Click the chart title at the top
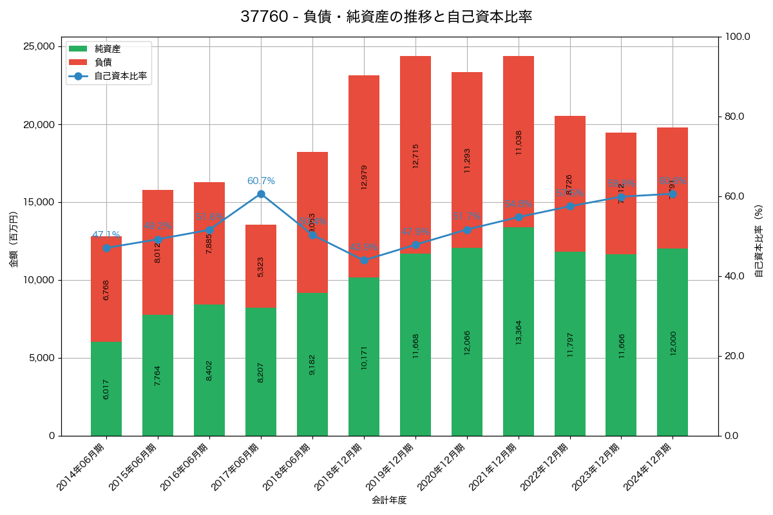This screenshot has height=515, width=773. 386,17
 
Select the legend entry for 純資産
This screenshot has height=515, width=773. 107,49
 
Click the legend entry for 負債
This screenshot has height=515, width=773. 103,62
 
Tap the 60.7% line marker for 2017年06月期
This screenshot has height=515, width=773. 261,194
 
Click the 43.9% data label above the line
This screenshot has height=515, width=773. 364,247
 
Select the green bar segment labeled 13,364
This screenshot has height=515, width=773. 519,332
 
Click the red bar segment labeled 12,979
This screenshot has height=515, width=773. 364,176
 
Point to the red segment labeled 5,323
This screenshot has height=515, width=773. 261,266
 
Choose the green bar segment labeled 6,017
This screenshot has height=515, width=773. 106,389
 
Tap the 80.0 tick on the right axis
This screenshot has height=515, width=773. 734,117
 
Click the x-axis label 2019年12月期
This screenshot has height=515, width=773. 392,467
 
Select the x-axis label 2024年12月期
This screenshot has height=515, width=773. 649,467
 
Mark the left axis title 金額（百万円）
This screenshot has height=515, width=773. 14,240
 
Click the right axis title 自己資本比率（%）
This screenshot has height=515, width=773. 759,241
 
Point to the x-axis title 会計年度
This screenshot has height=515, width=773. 389,500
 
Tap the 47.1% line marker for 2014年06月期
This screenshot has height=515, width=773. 106,248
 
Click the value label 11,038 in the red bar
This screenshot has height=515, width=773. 519,142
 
